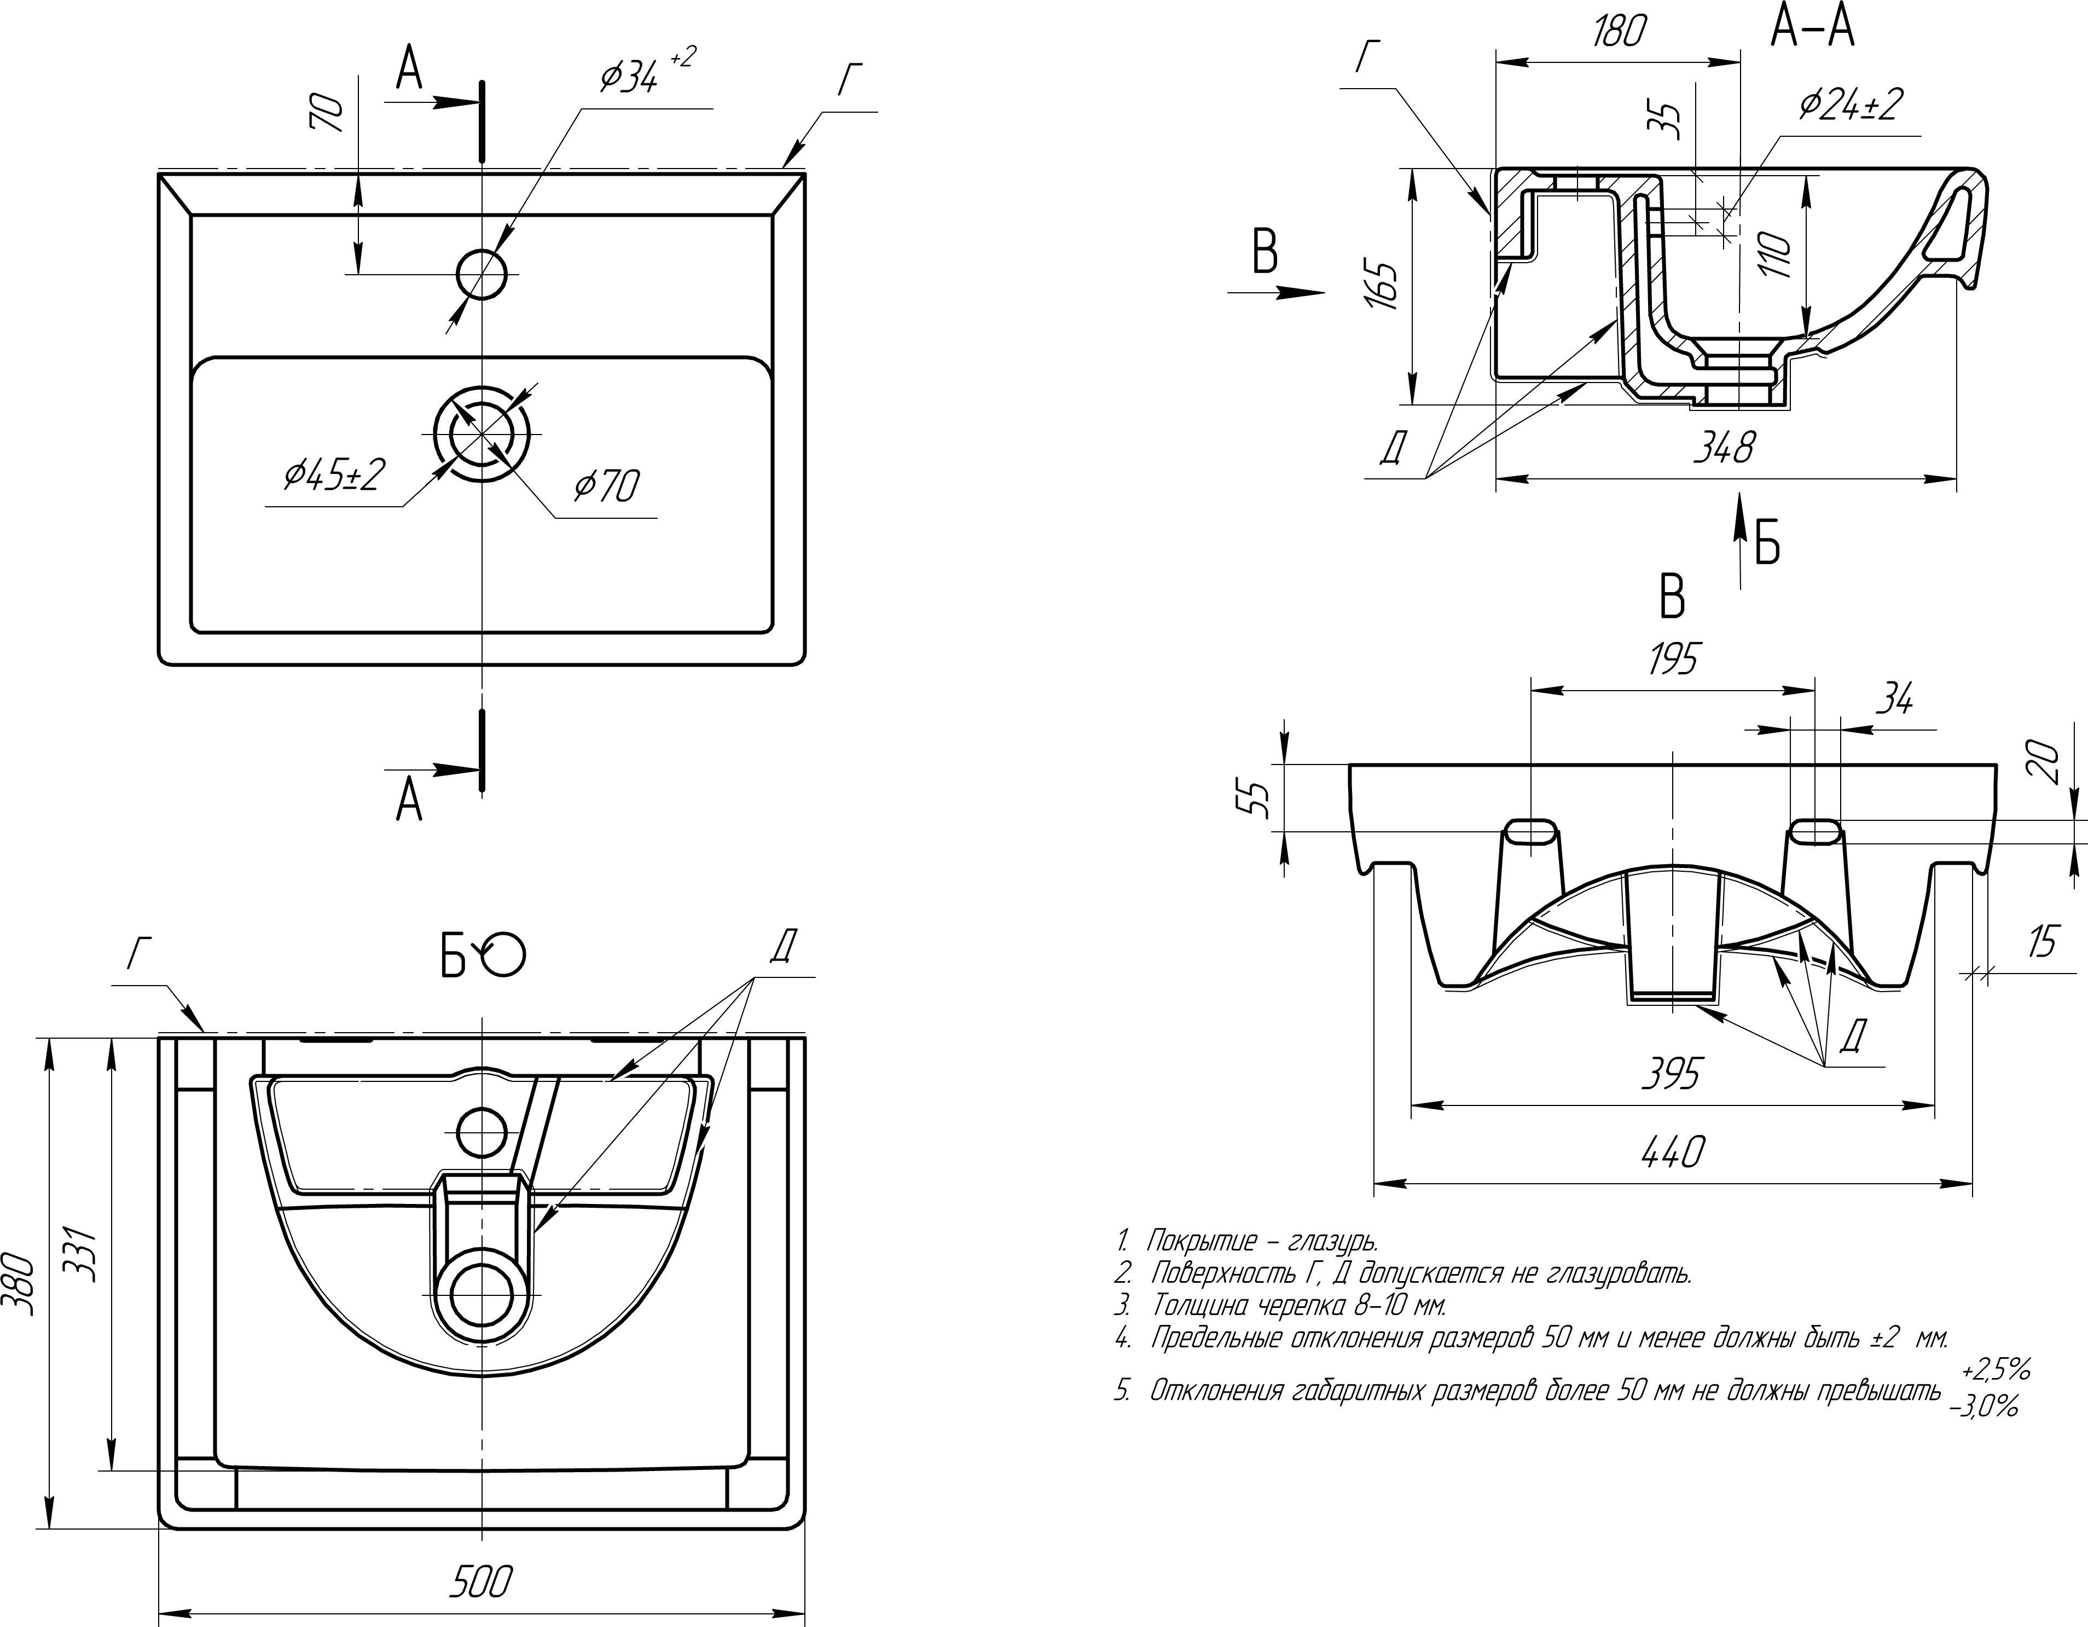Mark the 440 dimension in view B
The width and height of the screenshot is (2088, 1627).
click(x=1672, y=1152)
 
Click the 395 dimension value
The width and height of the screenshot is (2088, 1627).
click(x=1672, y=1074)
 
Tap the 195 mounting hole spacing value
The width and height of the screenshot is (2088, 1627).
click(x=1672, y=659)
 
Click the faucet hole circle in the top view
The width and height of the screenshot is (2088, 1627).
click(x=482, y=274)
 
